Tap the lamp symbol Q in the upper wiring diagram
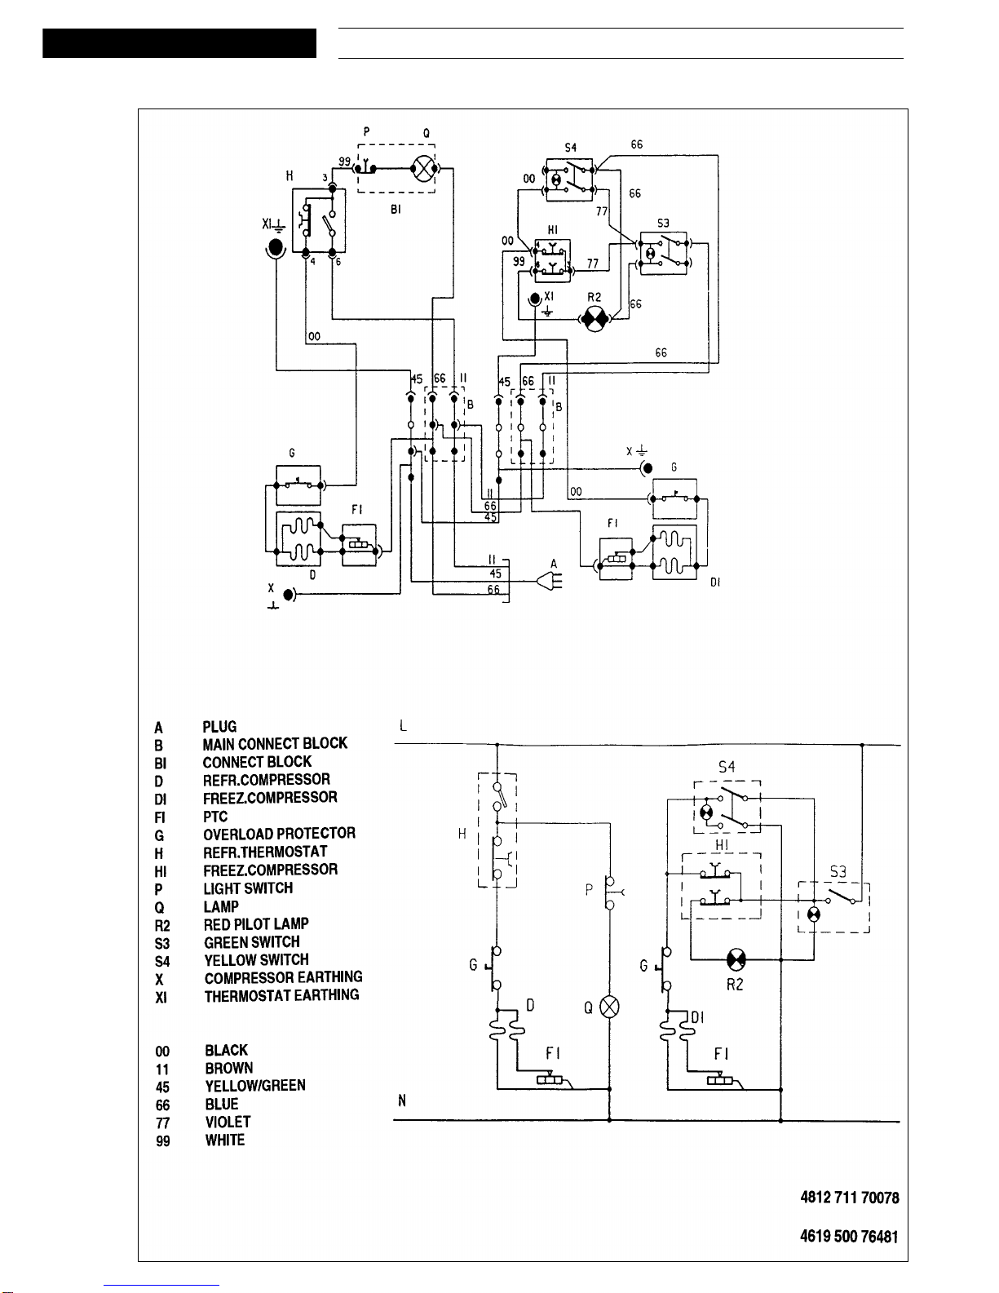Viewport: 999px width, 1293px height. pos(424,170)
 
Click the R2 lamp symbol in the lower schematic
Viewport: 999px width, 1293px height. pos(736,960)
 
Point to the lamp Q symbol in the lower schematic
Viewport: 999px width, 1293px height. pos(609,1007)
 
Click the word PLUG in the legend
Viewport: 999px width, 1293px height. pos(219,727)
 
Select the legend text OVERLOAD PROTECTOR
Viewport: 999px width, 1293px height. pos(279,834)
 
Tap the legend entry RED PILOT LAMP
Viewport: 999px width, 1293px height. pos(256,924)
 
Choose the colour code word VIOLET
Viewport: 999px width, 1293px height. pos(228,1123)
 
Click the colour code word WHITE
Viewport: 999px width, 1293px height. pos(224,1140)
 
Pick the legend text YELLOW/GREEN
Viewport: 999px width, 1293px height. pos(254,1086)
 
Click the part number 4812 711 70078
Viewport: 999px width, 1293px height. pos(849,1198)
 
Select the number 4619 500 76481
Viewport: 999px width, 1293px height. pos(849,1237)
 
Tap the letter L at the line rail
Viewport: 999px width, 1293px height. pos(403,726)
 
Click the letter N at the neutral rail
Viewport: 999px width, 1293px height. pos(402,1101)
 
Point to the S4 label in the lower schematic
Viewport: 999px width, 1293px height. pos(727,767)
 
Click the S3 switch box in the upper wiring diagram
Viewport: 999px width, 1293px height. pos(663,253)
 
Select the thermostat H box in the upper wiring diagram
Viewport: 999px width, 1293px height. pos(318,220)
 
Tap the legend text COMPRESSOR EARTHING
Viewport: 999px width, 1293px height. pos(283,977)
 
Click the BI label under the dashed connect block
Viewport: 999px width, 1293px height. pos(396,210)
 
